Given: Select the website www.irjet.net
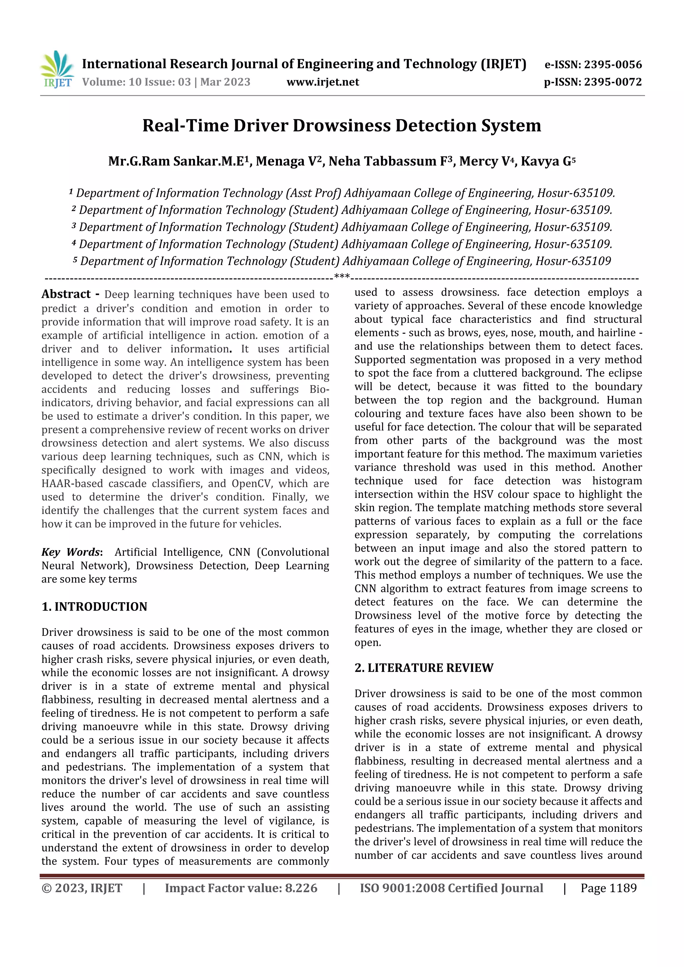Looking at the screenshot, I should pyautogui.click(x=323, y=82).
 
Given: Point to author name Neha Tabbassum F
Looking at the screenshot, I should pyautogui.click(x=390, y=161).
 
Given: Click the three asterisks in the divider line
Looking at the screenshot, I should pyautogui.click(x=342, y=277).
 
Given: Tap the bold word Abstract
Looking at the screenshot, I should pyautogui.click(x=66, y=294).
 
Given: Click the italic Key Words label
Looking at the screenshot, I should pyautogui.click(x=70, y=552).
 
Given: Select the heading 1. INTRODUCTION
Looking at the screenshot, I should pyautogui.click(x=95, y=607).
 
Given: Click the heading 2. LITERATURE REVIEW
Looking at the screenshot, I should pyautogui.click(x=423, y=668).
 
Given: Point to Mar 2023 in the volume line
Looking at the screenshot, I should pyautogui.click(x=225, y=82).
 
